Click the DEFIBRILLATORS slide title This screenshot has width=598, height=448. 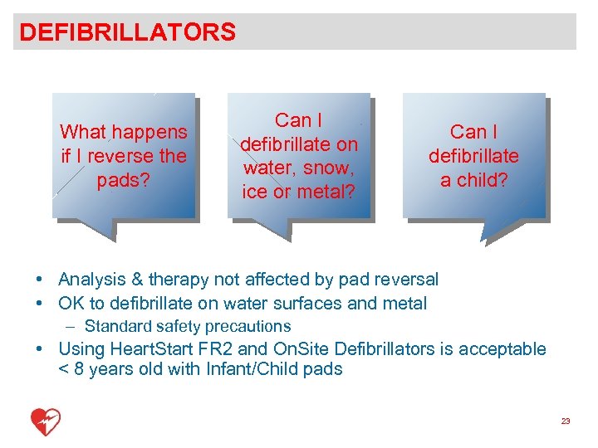127,32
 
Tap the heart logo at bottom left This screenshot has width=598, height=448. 46,422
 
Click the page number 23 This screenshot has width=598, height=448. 566,421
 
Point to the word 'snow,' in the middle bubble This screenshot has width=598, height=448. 320,168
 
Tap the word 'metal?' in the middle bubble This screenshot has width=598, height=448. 328,192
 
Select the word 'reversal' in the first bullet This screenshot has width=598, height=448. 403,280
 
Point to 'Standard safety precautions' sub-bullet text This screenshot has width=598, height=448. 188,326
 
